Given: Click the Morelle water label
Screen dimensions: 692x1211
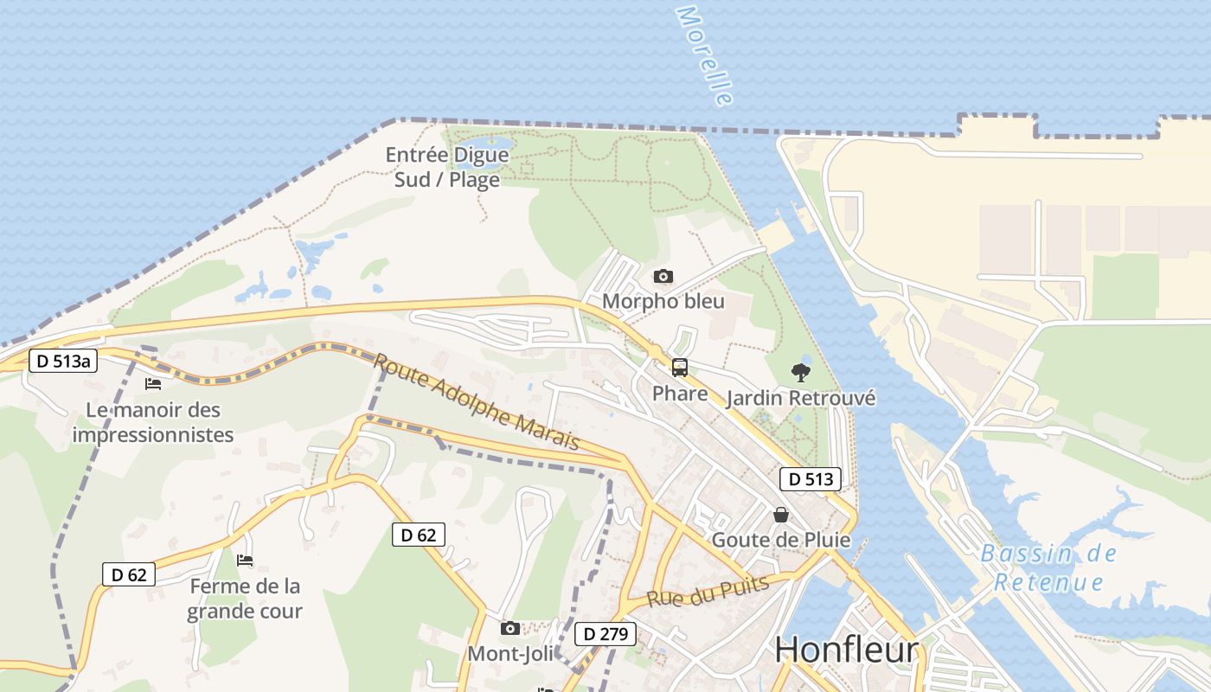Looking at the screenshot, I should coord(704,56).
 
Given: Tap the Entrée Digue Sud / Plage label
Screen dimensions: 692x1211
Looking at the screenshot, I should coord(447,167).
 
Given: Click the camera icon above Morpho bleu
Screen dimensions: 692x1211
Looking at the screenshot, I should coord(663,277).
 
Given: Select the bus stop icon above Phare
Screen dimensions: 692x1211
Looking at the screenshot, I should coord(680,368).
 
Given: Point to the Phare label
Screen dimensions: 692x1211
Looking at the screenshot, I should coord(680,394).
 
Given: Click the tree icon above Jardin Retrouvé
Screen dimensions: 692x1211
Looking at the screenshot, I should coord(801,373).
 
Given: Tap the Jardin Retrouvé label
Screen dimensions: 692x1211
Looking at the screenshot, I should coord(801,398).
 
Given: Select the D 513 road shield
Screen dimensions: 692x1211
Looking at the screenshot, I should coord(811,479).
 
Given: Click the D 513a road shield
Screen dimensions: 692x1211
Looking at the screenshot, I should coord(63,361).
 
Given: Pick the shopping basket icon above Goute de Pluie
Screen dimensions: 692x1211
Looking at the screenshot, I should coord(781,515).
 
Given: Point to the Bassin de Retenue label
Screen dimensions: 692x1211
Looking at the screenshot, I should coord(1048,567).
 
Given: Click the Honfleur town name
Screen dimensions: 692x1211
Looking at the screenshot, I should coord(846,649).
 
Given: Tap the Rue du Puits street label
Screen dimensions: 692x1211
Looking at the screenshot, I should coord(708,592).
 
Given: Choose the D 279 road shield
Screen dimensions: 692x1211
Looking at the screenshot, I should coord(605,634).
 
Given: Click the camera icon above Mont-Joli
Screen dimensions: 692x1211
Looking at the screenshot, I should coord(510,628).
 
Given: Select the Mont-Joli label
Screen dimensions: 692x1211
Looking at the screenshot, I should coord(510,653).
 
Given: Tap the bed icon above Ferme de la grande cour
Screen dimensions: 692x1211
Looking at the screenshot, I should coord(245,561).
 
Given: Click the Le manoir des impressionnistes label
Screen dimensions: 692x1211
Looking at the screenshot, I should coord(153,422).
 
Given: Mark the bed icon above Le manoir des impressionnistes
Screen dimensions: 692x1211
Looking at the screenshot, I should coord(153,383).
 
